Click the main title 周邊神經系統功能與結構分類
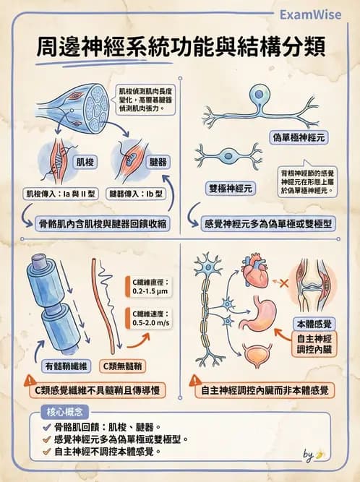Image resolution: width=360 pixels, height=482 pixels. coord(180,46)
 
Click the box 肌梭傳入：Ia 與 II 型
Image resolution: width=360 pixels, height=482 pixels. coord(63,194)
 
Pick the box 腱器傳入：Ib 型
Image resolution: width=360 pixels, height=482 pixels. coord(137,194)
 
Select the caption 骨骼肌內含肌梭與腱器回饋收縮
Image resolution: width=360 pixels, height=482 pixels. coord(102,223)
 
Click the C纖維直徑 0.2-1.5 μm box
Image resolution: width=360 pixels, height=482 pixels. coord(150,287)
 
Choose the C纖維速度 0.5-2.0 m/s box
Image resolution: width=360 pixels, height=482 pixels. coord(150,319)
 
